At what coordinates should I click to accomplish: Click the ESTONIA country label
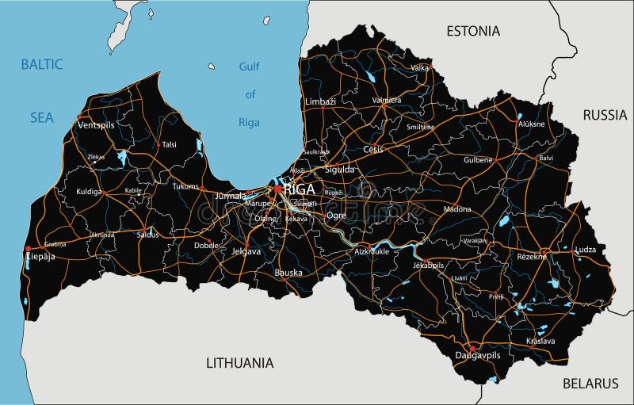(473, 31)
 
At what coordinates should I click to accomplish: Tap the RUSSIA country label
(605, 115)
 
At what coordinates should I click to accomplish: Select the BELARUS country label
(590, 384)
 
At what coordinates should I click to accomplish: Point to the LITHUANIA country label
(239, 363)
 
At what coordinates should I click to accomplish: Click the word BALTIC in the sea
(42, 64)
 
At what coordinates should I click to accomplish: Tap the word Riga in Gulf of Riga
(249, 122)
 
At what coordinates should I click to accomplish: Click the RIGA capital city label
(298, 189)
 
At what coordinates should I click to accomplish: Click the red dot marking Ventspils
(79, 117)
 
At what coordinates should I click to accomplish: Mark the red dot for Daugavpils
(472, 347)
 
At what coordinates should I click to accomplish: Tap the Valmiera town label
(387, 101)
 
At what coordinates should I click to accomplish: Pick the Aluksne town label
(530, 124)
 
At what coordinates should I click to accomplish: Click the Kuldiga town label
(90, 192)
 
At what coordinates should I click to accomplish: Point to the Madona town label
(456, 209)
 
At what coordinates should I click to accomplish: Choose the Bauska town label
(288, 273)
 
